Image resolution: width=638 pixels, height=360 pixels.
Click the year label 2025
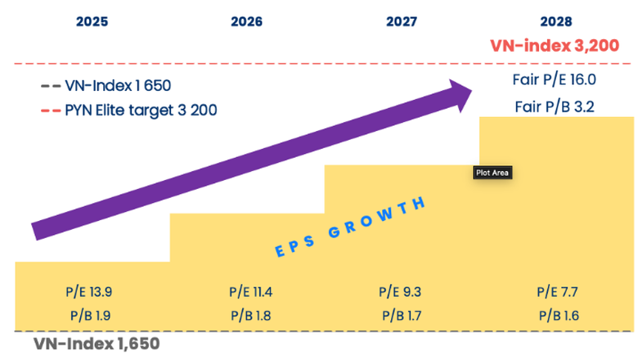(x=92, y=22)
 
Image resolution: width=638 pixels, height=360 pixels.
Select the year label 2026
(x=246, y=22)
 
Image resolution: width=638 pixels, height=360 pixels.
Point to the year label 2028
(x=556, y=22)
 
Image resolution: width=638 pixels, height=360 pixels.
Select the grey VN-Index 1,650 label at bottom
(x=96, y=344)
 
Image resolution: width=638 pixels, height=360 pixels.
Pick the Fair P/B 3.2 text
(x=555, y=106)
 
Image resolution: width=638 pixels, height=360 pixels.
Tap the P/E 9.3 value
(x=401, y=291)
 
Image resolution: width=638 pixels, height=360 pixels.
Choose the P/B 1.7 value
(x=401, y=313)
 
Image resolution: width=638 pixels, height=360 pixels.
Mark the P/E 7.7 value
(x=557, y=291)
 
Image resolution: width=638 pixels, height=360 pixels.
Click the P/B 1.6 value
(x=557, y=313)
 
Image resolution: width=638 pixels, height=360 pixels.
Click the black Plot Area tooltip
(x=493, y=173)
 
